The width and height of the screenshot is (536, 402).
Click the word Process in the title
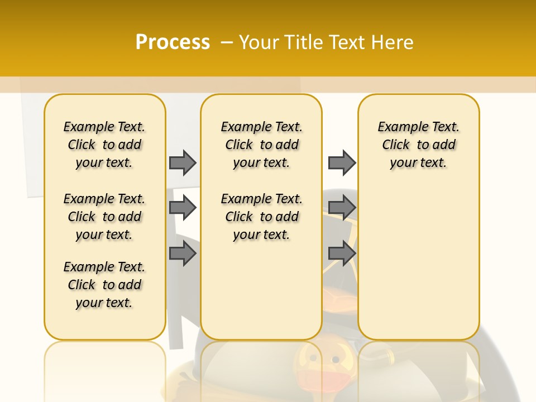173,42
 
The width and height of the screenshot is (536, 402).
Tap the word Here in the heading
393,42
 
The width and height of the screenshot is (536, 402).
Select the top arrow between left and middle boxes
183,162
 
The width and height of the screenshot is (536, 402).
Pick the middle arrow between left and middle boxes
183,208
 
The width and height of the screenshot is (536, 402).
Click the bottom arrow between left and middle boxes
183,253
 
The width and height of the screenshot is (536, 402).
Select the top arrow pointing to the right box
342,162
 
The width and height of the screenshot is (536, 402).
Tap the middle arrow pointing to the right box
342,208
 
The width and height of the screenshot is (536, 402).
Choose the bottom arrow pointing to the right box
342,253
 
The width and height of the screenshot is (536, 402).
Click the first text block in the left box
104,145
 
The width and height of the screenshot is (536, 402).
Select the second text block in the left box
104,217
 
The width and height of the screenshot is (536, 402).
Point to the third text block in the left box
104,285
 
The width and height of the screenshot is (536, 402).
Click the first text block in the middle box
261,145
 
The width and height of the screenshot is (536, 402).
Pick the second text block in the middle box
261,217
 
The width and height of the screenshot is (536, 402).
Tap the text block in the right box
419,145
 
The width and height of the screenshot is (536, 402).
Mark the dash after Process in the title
227,42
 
